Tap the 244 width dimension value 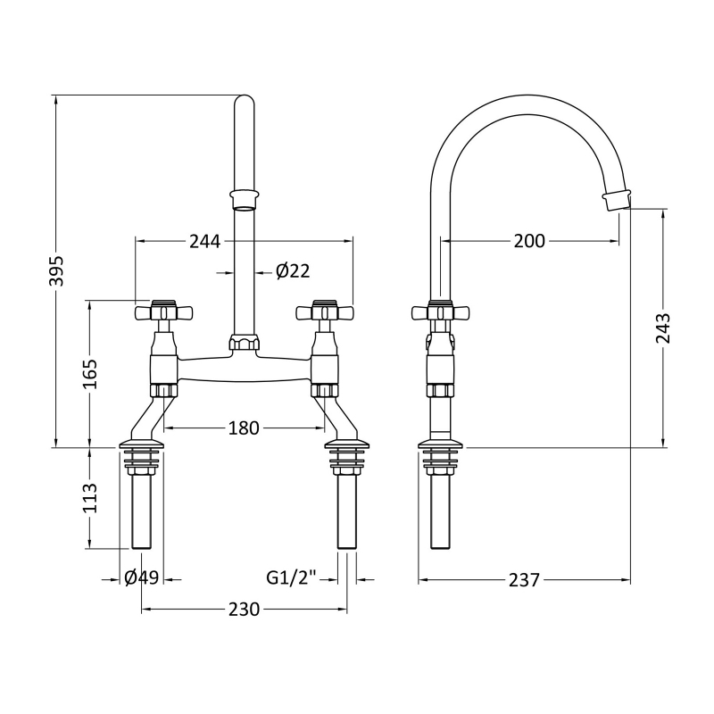click(x=204, y=241)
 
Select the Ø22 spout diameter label click(x=293, y=271)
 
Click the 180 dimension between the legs click(x=243, y=428)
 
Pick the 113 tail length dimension click(x=89, y=496)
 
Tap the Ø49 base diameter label click(x=142, y=577)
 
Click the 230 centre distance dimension click(x=243, y=610)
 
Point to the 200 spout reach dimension click(x=529, y=241)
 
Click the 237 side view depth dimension click(x=524, y=580)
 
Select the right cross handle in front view click(x=325, y=312)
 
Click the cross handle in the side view click(x=439, y=312)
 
